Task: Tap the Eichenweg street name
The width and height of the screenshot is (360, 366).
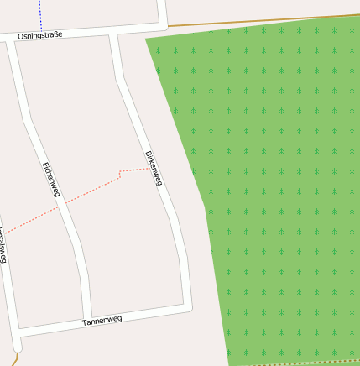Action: [50, 180]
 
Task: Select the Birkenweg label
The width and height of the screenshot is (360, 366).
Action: [154, 169]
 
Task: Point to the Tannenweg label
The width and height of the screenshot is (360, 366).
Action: [102, 321]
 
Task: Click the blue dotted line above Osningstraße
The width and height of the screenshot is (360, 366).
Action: [39, 13]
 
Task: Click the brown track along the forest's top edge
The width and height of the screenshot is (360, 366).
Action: [252, 22]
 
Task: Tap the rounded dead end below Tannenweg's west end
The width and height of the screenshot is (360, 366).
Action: [17, 346]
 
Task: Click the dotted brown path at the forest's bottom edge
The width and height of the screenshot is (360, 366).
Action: [302, 363]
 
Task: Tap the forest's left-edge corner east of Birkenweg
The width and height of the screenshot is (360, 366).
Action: [206, 204]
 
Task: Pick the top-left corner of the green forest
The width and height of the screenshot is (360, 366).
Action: [146, 39]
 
